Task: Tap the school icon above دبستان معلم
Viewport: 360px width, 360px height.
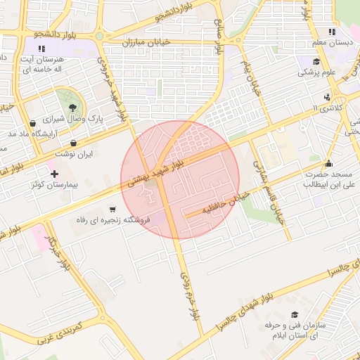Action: [332, 32]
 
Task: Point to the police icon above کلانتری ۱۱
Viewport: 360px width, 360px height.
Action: [328, 97]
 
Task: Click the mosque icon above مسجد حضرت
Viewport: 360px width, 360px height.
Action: [328, 164]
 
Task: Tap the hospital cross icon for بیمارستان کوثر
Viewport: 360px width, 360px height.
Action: [54, 173]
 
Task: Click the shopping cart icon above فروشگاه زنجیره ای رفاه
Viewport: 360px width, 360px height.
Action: [112, 210]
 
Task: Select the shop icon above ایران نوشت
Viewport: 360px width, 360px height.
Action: [74, 143]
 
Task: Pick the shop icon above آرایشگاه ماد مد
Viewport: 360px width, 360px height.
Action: [32, 123]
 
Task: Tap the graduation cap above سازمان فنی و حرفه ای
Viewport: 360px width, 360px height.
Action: [294, 314]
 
